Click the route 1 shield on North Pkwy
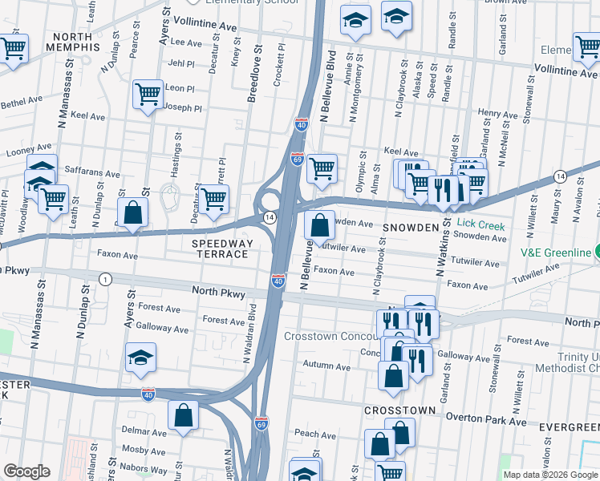[x=105, y=278]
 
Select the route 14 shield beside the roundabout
[x=270, y=217]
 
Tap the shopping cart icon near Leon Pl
[x=148, y=95]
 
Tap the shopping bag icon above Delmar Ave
[x=183, y=415]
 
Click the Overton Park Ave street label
[x=486, y=421]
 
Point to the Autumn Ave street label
[x=326, y=366]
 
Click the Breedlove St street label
[x=251, y=79]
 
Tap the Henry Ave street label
[x=497, y=114]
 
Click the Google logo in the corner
[x=26, y=471]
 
